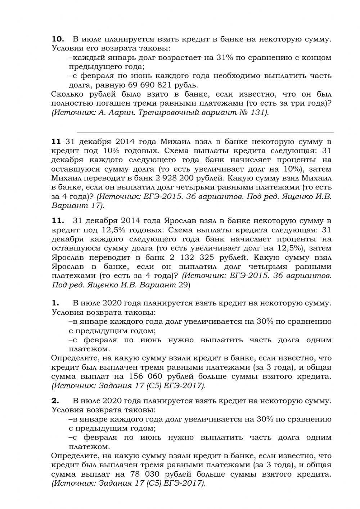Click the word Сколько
(x=68, y=94)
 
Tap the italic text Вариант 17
(x=77, y=206)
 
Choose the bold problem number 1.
(x=55, y=303)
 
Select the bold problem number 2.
(x=55, y=401)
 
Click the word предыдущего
(x=92, y=67)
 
